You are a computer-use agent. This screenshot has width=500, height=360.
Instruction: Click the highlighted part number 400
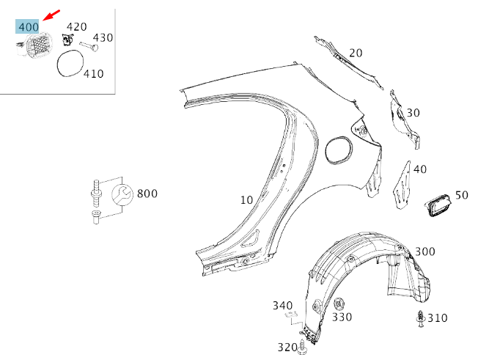[29, 27]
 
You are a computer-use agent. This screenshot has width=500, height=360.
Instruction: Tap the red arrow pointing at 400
[51, 15]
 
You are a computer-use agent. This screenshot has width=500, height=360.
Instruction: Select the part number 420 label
[76, 27]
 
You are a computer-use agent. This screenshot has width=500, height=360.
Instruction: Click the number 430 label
[103, 37]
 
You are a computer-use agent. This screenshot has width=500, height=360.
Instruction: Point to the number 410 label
[93, 73]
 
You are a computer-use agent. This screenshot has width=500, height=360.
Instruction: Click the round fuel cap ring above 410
[70, 62]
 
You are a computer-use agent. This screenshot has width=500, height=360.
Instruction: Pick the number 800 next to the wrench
[147, 194]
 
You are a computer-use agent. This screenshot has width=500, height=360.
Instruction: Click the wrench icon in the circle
[120, 194]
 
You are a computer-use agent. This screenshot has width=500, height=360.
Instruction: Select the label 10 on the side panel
[246, 199]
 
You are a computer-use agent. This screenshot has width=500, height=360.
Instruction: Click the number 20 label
[356, 53]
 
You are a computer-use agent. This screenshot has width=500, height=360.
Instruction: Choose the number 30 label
[413, 112]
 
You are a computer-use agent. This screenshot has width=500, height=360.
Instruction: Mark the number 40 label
[419, 169]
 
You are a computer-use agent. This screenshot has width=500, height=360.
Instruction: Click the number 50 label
[461, 195]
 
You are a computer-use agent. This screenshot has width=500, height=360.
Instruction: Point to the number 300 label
[424, 251]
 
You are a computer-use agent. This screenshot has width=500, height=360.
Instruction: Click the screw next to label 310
[419, 318]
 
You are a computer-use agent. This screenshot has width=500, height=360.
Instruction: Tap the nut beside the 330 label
[339, 304]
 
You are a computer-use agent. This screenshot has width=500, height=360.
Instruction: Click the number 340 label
[283, 305]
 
